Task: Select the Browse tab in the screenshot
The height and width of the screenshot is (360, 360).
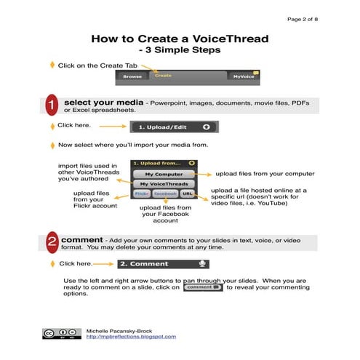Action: pyautogui.click(x=132, y=76)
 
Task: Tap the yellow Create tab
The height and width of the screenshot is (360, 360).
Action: pyautogui.click(x=163, y=75)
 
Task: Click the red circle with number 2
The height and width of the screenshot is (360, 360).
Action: pyautogui.click(x=52, y=243)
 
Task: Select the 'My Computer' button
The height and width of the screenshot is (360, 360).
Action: pyautogui.click(x=162, y=175)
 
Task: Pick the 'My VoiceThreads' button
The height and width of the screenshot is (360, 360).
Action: pyautogui.click(x=162, y=185)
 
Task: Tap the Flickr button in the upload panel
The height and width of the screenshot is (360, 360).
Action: pyautogui.click(x=141, y=195)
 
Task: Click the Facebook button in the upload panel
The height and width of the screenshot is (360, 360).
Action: pyautogui.click(x=165, y=195)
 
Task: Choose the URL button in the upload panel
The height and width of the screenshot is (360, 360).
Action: pyautogui.click(x=187, y=195)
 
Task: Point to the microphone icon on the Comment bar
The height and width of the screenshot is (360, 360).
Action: pyautogui.click(x=203, y=263)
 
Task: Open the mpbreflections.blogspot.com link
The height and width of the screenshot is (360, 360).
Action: pyautogui.click(x=131, y=337)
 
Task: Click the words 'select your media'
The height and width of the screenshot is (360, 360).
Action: pyautogui.click(x=103, y=103)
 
